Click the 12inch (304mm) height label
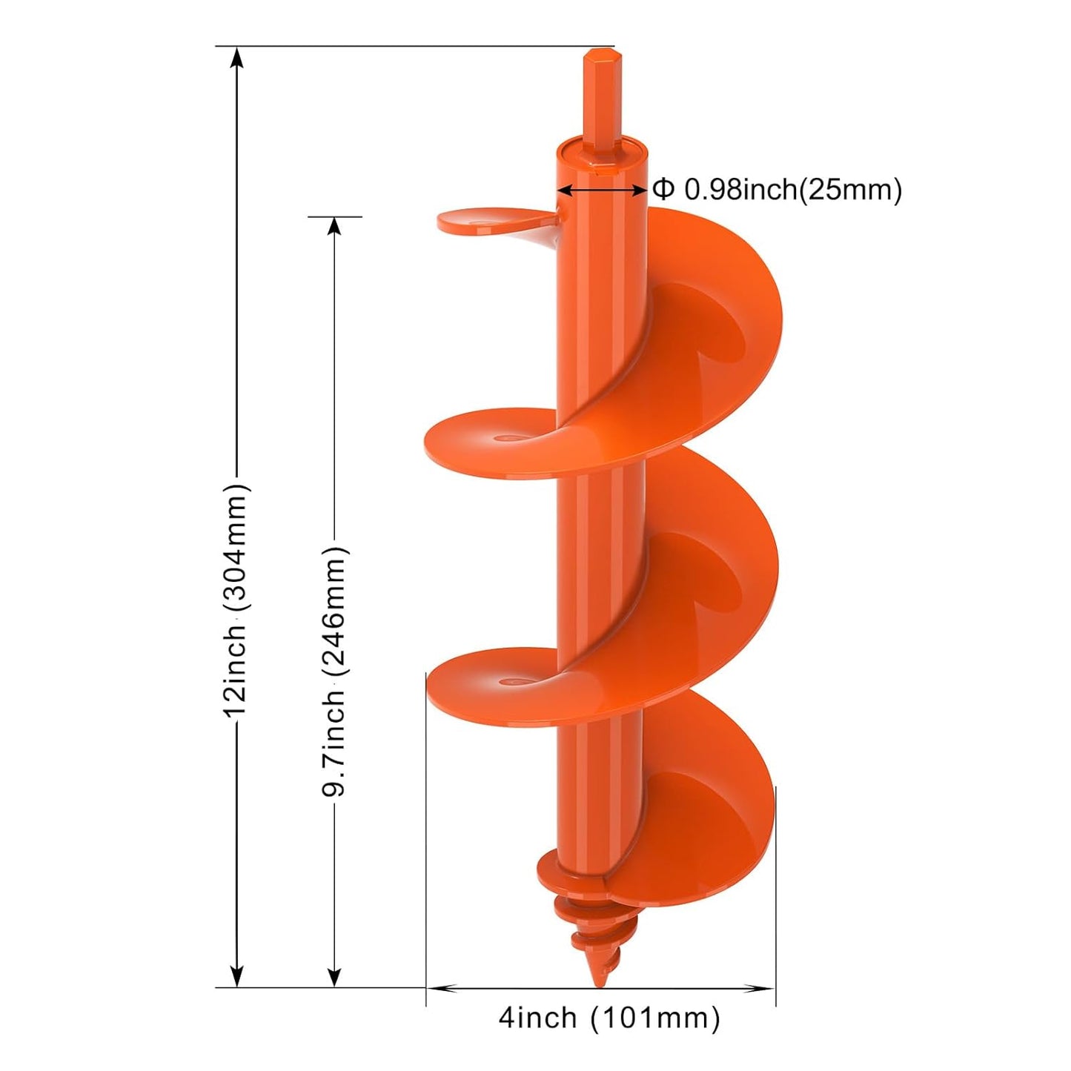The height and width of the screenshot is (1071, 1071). click(236, 600)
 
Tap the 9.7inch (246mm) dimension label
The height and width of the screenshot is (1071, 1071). click(334, 671)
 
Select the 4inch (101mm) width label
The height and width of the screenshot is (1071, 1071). click(609, 1018)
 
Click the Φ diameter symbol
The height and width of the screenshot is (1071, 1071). click(663, 189)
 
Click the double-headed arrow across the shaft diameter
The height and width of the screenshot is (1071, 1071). click(601, 190)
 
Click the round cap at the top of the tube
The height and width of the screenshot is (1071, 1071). click(600, 148)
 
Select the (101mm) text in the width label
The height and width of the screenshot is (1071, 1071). click(655, 1018)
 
